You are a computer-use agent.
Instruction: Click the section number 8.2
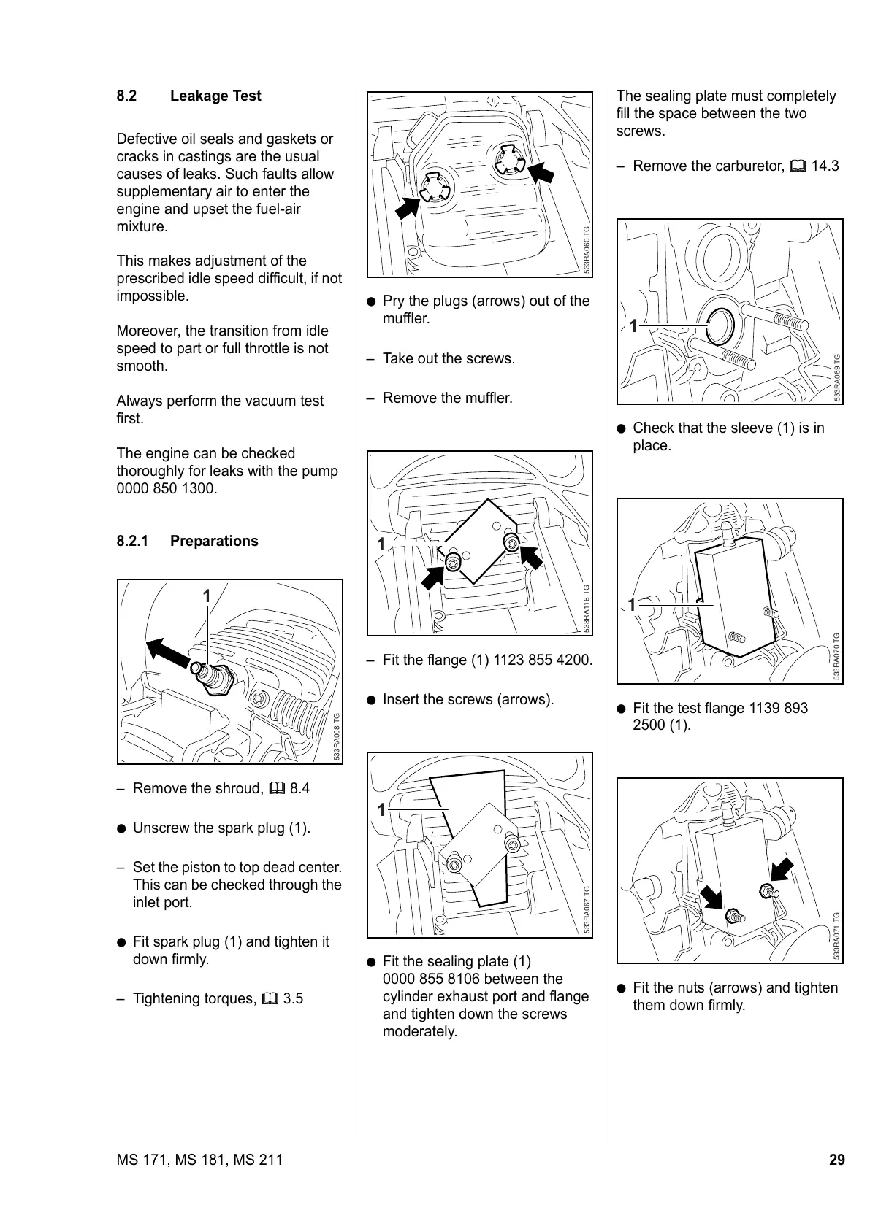click(126, 96)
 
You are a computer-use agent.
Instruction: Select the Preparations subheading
click(214, 541)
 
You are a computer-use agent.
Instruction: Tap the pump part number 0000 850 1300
click(167, 488)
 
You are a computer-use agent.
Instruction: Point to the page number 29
click(836, 1160)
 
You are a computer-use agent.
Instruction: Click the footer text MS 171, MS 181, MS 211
click(199, 1160)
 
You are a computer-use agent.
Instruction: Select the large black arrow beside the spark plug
click(167, 653)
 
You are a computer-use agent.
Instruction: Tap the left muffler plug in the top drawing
click(435, 188)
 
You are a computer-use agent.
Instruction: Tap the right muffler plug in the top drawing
click(509, 160)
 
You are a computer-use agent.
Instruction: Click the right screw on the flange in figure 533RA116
click(512, 543)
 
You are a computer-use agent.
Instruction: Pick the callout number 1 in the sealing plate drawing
click(381, 810)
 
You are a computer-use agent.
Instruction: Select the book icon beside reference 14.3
click(798, 166)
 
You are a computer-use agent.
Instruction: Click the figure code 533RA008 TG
click(337, 736)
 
